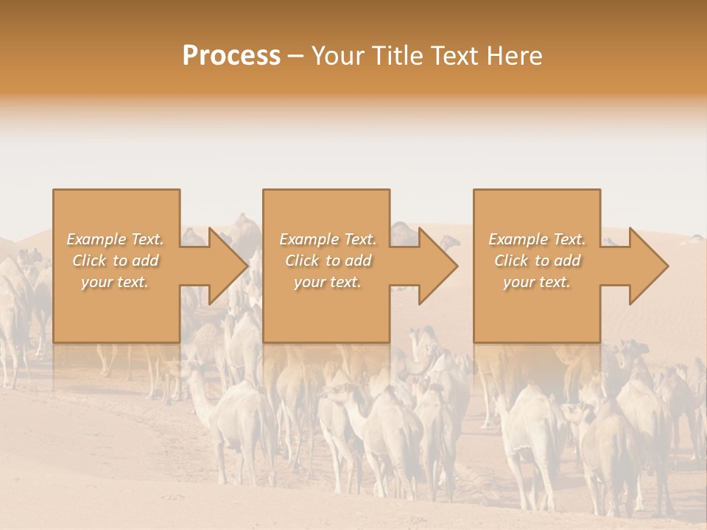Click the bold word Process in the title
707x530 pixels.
click(231, 55)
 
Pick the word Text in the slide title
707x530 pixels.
click(454, 55)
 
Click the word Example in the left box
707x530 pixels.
click(96, 239)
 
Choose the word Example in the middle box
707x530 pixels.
click(309, 239)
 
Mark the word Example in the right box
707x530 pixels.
click(518, 239)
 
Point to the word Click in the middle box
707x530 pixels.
click(302, 261)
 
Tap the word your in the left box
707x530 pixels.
click(96, 282)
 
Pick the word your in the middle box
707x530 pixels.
click(309, 282)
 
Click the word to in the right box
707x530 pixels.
click(542, 261)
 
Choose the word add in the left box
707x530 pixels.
click(144, 261)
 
